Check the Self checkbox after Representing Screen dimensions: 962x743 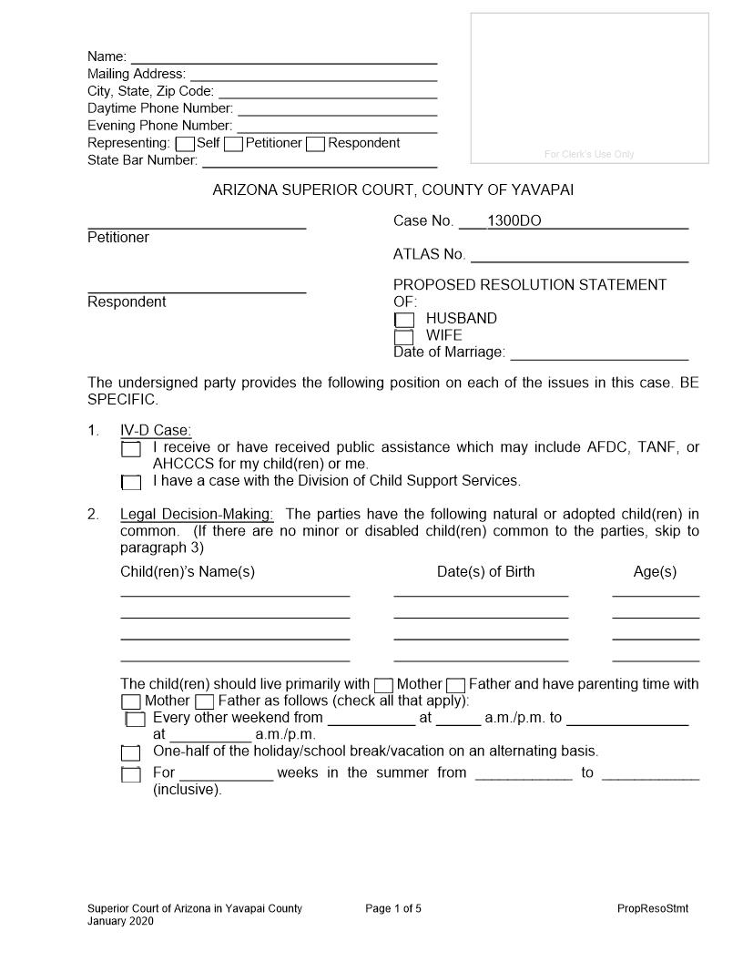(x=185, y=144)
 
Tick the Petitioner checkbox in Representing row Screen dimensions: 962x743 (x=233, y=144)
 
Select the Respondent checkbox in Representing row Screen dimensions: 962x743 (x=315, y=144)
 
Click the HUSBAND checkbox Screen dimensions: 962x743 (x=404, y=320)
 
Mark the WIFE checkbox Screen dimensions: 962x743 (x=404, y=337)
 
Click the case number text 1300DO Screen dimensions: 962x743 (x=514, y=221)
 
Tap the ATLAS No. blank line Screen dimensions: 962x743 (x=578, y=255)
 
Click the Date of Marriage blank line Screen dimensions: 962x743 (x=599, y=353)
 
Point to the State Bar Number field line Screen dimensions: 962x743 (x=319, y=162)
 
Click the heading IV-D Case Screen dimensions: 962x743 (x=156, y=431)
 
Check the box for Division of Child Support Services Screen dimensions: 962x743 (x=131, y=482)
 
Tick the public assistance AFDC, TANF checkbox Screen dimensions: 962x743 (x=131, y=449)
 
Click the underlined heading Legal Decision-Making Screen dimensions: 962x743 (x=197, y=515)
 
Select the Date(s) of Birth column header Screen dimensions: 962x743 (x=485, y=572)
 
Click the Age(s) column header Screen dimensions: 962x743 (x=655, y=572)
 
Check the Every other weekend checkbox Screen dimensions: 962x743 (x=136, y=720)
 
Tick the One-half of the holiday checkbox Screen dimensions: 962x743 (x=131, y=753)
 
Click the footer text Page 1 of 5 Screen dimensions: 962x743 (x=393, y=908)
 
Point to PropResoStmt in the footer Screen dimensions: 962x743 (x=653, y=908)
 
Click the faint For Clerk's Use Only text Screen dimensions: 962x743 (x=589, y=154)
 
